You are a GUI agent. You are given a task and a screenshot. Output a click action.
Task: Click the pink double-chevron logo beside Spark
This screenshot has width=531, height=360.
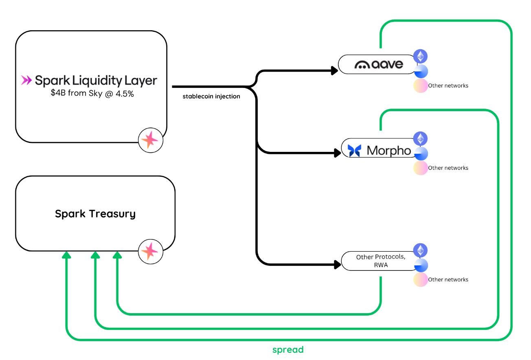pos(26,80)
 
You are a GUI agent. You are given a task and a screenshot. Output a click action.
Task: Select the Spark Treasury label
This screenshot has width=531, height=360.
pos(95,214)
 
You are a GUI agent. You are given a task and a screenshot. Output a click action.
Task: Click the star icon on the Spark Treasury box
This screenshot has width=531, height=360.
pos(150,251)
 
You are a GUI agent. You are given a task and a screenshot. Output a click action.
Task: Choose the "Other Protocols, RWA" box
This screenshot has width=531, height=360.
pos(380,261)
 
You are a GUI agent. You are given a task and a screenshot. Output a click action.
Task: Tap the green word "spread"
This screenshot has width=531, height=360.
pos(288,350)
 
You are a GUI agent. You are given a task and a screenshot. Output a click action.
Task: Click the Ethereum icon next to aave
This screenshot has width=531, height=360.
pos(421,56)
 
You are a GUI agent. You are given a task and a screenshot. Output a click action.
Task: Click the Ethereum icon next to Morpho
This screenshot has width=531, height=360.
pos(421,139)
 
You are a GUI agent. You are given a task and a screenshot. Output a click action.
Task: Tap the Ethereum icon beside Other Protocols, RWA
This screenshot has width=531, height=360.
pos(421,250)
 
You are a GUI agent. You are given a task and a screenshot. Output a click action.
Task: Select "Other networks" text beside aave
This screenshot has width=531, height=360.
pos(448,86)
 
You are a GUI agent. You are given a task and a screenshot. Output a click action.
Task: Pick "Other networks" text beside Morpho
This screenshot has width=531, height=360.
pos(448,168)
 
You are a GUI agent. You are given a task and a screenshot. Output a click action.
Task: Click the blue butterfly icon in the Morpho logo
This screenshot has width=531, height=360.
pos(354,151)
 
